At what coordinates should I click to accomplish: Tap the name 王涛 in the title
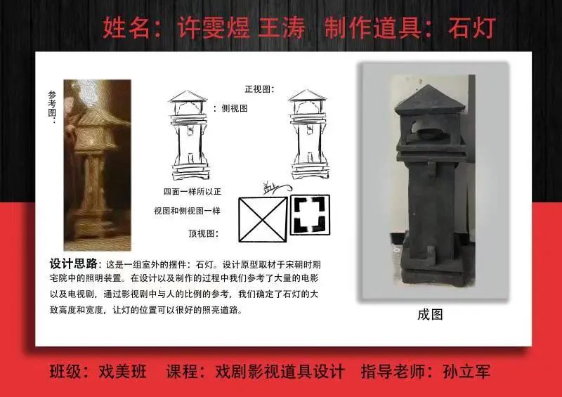pyautogui.click(x=282, y=27)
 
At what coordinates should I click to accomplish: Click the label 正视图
pyautogui.click(x=259, y=89)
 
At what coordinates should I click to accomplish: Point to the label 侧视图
pyautogui.click(x=234, y=108)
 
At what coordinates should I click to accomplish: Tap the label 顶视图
pyautogui.click(x=203, y=233)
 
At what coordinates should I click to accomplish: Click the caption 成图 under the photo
pyautogui.click(x=430, y=314)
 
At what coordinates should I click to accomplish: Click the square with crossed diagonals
pyautogui.click(x=262, y=217)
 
